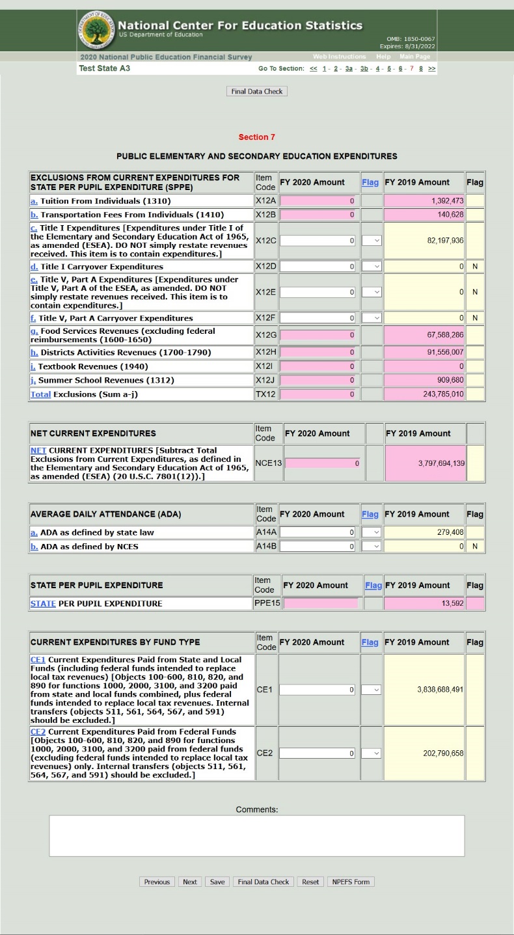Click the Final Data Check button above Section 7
point(256,92)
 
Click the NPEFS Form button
point(351,882)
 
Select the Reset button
point(310,882)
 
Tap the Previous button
point(157,882)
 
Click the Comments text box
point(256,835)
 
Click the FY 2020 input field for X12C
point(318,241)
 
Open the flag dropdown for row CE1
point(371,690)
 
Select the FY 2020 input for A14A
point(318,532)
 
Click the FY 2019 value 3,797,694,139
point(425,463)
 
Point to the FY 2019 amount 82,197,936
point(424,241)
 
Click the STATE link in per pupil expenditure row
point(43,604)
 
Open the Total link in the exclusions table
point(40,394)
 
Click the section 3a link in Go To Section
point(349,68)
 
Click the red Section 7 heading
point(256,137)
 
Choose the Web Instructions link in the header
point(339,57)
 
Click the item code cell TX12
point(265,394)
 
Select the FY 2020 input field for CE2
point(318,753)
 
